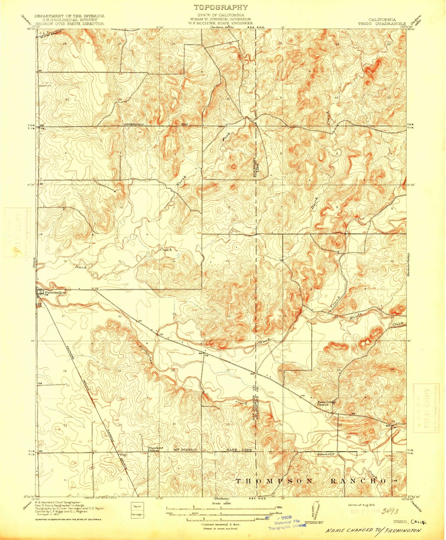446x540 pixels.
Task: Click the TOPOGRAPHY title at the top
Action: [221, 7]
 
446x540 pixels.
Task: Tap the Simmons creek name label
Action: [326, 454]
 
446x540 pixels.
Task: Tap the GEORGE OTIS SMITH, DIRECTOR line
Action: [69, 23]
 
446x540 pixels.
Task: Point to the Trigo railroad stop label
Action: [123, 455]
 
